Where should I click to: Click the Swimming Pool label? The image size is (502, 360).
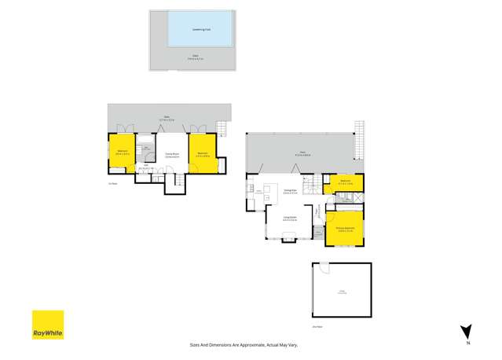coord(201,29)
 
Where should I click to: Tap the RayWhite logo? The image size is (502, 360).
coord(47,325)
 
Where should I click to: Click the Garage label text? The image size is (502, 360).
coord(342,292)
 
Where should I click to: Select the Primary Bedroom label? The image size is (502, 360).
coord(346,229)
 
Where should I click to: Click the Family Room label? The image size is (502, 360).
coord(171,156)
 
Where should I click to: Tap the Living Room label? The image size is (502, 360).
coord(289,219)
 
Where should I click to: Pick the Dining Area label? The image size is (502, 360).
coord(289,191)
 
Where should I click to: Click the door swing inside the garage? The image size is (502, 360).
coord(320,271)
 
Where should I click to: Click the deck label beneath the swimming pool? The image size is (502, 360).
coord(195,57)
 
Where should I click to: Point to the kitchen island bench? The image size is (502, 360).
coord(271,189)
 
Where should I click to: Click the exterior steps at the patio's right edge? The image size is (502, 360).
coord(361,138)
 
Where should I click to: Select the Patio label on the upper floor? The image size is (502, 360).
coord(302,153)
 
